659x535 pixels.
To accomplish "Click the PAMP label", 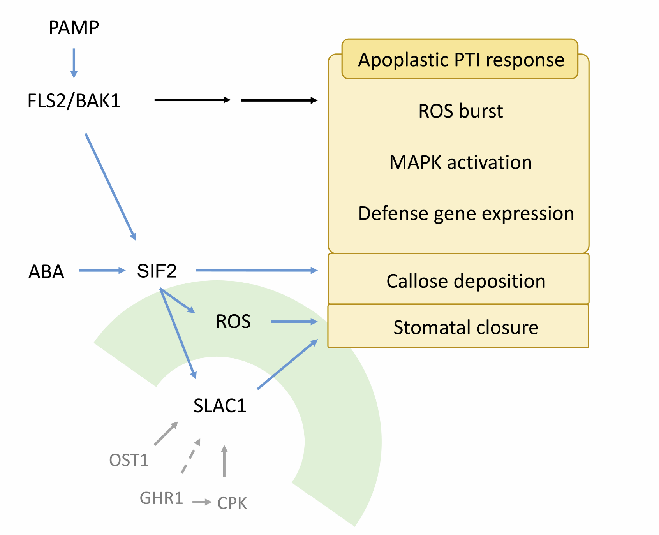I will point(74,28).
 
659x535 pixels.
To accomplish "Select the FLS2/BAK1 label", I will point(74,101).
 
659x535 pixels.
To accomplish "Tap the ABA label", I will point(46,271).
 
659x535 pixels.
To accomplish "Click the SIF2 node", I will point(157,271).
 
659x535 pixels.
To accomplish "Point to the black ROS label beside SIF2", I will point(233,322).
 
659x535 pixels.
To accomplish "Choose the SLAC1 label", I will point(220,406).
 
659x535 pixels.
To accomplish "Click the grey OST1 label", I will point(129,460).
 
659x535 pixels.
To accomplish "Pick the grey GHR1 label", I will point(161,498).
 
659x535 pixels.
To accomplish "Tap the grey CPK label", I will point(232,503).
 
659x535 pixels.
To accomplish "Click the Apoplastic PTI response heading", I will point(460,60).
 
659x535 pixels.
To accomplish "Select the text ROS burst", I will point(460,111).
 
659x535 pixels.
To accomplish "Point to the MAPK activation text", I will point(460,162).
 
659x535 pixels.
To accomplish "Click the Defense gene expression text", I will point(466,213).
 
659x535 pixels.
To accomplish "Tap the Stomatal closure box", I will point(458,327).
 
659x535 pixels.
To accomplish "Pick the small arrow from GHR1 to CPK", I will point(201,502).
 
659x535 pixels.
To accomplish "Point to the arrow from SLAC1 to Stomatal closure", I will point(287,364).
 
